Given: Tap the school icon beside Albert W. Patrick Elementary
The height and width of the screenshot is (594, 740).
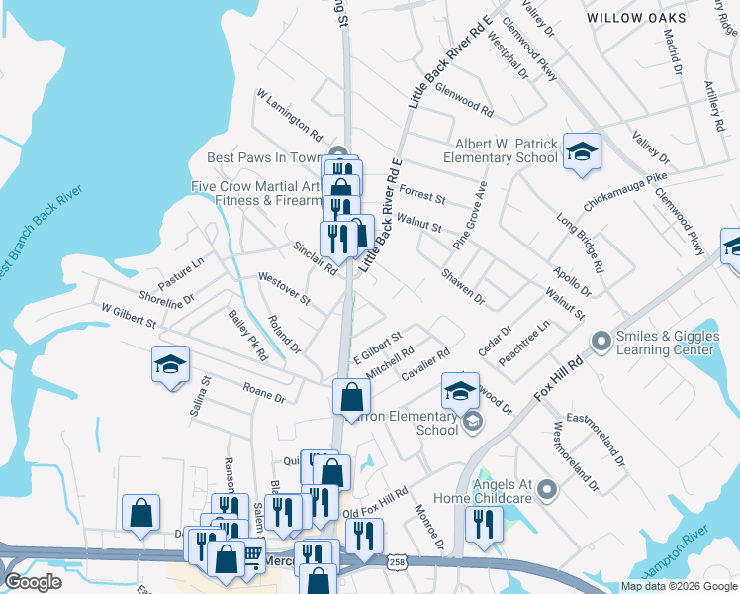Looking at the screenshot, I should point(582,149).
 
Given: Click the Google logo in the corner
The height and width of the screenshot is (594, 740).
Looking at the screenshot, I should point(34,582).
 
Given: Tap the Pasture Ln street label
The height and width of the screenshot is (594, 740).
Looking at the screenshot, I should point(181,273).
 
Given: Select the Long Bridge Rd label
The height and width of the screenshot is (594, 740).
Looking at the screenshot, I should point(580,243).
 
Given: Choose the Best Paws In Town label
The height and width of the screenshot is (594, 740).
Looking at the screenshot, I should point(266,157).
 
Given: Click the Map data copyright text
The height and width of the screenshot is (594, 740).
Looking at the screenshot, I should point(679,586).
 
